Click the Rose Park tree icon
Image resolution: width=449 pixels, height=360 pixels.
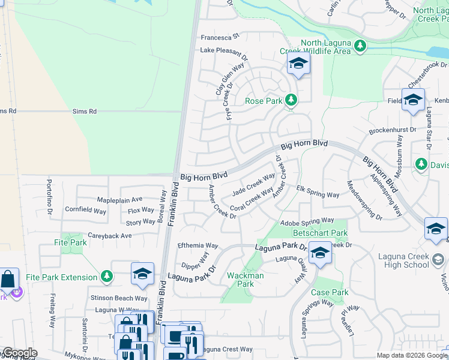click(291, 100)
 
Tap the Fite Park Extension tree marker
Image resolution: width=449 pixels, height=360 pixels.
click(107, 276)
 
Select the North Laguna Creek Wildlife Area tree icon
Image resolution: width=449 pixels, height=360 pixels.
click(360, 45)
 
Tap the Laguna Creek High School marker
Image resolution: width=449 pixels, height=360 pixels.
click(438, 259)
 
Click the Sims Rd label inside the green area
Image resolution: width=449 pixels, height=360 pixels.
click(84, 111)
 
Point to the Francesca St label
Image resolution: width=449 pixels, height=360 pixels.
click(220, 37)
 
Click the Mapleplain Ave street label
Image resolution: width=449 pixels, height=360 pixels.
click(119, 199)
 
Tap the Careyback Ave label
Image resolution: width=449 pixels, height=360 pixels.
click(109, 236)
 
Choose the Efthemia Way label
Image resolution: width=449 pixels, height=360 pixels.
click(197, 245)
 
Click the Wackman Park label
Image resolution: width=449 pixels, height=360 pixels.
click(245, 280)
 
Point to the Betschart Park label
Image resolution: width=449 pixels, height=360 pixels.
click(320, 233)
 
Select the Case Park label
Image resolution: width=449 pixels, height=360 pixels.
click(330, 292)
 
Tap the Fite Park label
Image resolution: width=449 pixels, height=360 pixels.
click(70, 243)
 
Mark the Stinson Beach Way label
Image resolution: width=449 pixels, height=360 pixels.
click(119, 298)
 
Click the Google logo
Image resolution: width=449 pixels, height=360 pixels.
click(19, 353)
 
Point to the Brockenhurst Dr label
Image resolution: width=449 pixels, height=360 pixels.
click(393, 130)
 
